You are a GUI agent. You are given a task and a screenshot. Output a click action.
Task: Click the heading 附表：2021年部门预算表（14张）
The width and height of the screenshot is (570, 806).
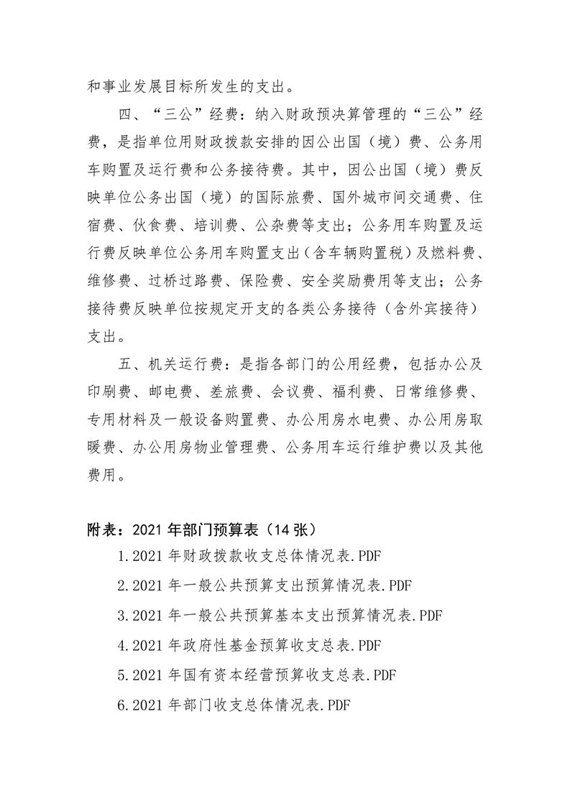(x=201, y=530)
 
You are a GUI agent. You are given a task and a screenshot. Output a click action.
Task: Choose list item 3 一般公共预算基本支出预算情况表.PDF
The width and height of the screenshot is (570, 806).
(x=280, y=615)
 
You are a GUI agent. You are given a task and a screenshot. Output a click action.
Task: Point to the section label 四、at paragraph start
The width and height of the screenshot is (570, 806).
(x=130, y=115)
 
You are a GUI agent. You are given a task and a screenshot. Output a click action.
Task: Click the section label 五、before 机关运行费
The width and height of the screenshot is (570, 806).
(x=130, y=364)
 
